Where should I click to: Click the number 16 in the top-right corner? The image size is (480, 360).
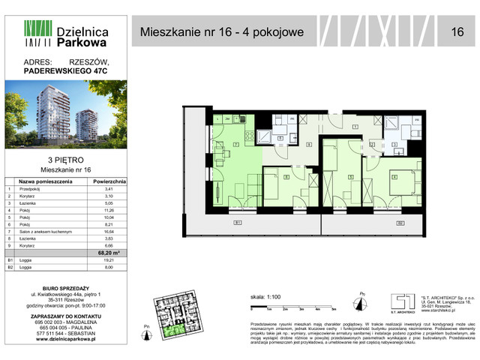click(x=457, y=31)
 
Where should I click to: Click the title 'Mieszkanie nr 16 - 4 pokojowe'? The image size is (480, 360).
click(x=223, y=31)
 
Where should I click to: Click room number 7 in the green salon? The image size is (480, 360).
click(x=235, y=142)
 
